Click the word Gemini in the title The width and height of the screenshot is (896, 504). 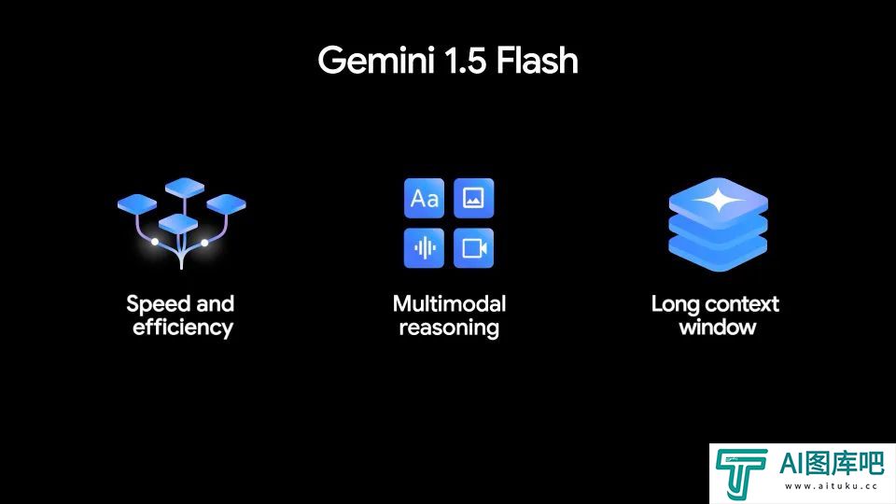pos(375,60)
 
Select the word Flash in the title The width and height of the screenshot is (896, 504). pos(538,60)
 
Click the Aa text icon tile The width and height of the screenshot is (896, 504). pos(424,198)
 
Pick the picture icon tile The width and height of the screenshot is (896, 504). pos(474,198)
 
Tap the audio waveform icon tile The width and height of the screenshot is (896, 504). pos(424,248)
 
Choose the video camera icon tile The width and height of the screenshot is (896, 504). pos(474,248)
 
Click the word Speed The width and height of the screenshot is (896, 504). pos(158,304)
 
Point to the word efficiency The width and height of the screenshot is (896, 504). pos(183,328)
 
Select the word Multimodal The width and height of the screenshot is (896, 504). pos(449,303)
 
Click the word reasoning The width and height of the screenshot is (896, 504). pos(449,328)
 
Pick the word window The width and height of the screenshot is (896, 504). pos(718,328)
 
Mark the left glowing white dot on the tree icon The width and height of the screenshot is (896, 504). pos(155,242)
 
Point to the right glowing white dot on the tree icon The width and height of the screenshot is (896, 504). pos(204,243)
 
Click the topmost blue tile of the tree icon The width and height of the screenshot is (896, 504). pos(185,187)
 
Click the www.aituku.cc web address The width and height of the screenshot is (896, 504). pos(831,486)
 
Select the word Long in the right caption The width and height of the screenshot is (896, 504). pos(676,305)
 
